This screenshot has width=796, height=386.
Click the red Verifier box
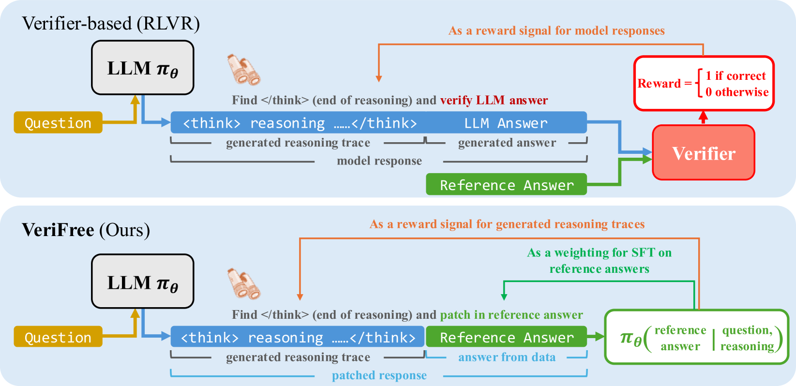pyautogui.click(x=703, y=153)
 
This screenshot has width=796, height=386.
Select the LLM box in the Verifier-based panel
pyautogui.click(x=143, y=68)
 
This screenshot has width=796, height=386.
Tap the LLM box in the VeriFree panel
pyautogui.click(x=143, y=282)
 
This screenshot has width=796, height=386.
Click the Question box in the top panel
pyautogui.click(x=58, y=123)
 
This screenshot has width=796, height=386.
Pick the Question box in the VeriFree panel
pyautogui.click(x=58, y=337)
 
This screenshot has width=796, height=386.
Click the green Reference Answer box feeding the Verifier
pyautogui.click(x=506, y=185)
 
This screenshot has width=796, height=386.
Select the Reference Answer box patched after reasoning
pyautogui.click(x=506, y=337)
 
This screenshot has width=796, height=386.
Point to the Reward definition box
pyautogui.click(x=704, y=83)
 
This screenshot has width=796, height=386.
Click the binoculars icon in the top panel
pyautogui.click(x=244, y=69)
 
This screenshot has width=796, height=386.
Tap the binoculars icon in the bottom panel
pyautogui.click(x=244, y=283)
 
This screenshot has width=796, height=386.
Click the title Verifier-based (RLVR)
pyautogui.click(x=111, y=24)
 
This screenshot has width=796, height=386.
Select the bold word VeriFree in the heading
pyautogui.click(x=58, y=230)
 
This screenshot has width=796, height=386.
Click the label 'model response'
pyautogui.click(x=379, y=161)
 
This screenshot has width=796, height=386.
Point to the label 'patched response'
pyautogui.click(x=379, y=375)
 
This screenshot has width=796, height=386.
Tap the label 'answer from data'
pyautogui.click(x=507, y=357)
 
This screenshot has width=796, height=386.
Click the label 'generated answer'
pyautogui.click(x=507, y=143)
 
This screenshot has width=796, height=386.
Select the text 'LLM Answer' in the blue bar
pyautogui.click(x=506, y=123)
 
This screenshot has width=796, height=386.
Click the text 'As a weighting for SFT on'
pyautogui.click(x=599, y=252)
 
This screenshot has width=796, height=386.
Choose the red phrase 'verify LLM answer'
pyautogui.click(x=494, y=100)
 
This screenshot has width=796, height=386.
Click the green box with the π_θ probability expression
pyautogui.click(x=696, y=337)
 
